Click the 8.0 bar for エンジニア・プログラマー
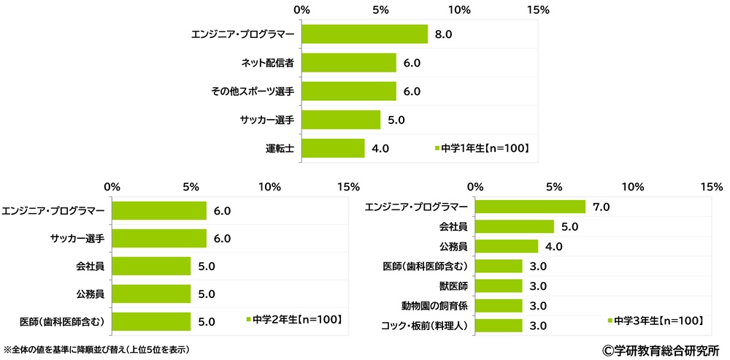[x=364, y=34]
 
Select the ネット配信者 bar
[x=348, y=63]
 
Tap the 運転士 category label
[x=279, y=148]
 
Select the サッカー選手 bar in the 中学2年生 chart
[x=159, y=239]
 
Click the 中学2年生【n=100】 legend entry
[x=296, y=319]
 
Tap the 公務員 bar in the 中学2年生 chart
[x=151, y=294]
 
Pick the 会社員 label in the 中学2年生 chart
[x=89, y=267]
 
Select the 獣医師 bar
[x=499, y=285]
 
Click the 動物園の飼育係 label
[x=425, y=305]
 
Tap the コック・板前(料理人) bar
[x=499, y=324]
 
